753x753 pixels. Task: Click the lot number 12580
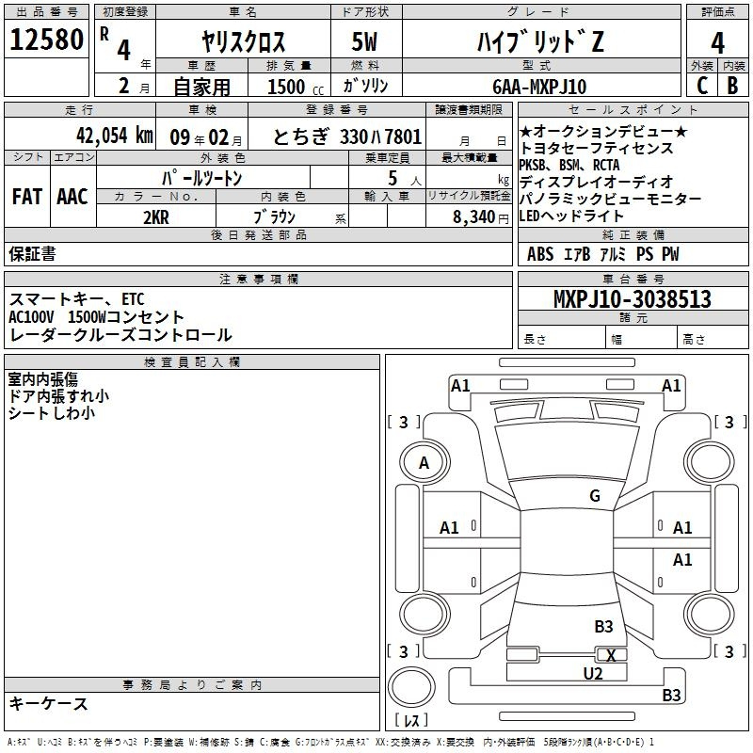coord(47,40)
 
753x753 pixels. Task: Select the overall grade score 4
coord(717,42)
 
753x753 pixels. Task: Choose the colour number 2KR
coord(155,216)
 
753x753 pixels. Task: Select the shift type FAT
coord(26,197)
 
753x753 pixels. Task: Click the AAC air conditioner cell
coord(72,197)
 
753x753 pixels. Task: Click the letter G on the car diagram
coord(594,496)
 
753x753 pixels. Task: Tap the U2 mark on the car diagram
coord(592,673)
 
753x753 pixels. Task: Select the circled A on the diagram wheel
coord(424,462)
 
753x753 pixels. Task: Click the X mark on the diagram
coord(612,655)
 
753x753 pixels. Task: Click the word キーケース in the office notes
coord(48,704)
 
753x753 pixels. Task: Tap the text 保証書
coord(32,253)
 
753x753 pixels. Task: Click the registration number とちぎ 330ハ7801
coord(347,136)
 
